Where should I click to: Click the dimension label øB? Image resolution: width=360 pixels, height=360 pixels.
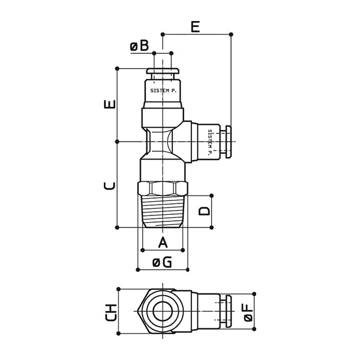(x=139, y=46)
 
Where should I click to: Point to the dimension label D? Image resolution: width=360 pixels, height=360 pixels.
(x=204, y=211)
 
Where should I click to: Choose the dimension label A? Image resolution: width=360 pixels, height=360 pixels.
(x=162, y=242)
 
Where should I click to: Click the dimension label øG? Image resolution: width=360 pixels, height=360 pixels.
(x=162, y=262)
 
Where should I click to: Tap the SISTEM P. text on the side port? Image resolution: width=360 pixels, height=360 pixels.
(x=209, y=142)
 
